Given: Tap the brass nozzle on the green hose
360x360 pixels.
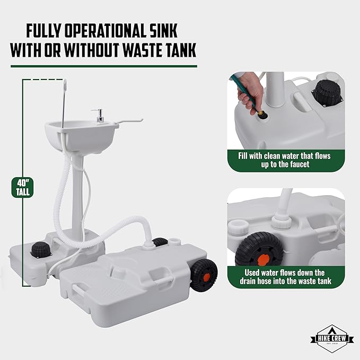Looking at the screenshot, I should pos(262,112).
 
